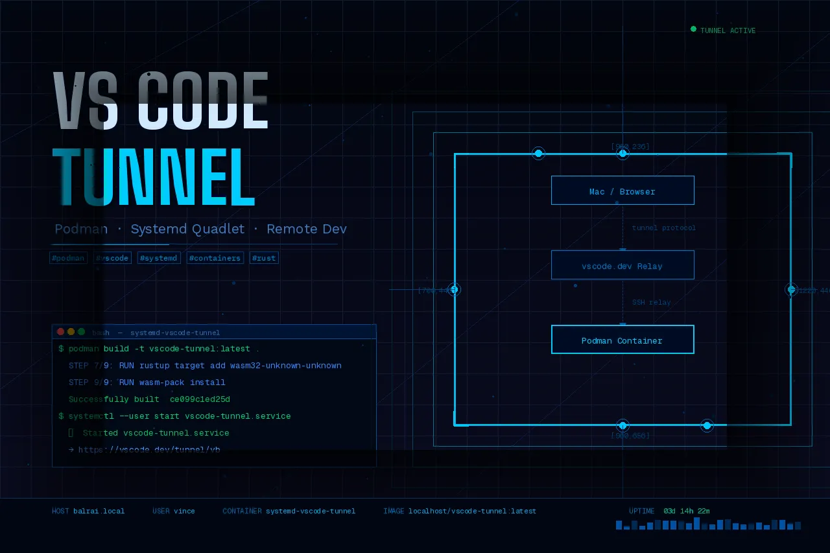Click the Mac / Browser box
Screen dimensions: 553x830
622,191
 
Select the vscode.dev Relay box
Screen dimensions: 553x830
622,265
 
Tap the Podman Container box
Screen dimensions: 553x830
622,340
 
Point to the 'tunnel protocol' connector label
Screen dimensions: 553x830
664,228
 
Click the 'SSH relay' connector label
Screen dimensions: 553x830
651,302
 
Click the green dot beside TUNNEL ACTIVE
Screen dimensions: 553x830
693,29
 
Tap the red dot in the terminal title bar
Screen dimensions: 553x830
61,332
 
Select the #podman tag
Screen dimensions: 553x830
68,258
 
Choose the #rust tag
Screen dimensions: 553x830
264,258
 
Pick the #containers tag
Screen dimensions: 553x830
215,258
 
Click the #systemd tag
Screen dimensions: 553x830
159,258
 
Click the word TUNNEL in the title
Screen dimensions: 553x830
154,177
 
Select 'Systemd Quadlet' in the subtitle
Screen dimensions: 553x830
187,229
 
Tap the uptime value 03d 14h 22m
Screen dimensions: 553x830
687,511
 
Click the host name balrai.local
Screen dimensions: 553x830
99,511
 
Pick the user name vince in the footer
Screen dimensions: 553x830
184,511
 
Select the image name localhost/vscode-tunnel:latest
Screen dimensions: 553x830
472,511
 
